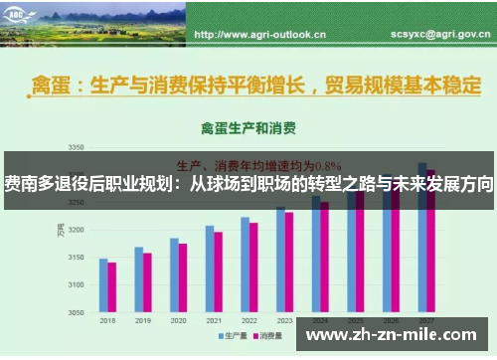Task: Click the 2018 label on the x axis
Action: tap(107, 321)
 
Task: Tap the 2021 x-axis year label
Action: tap(214, 321)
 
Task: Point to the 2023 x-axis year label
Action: tap(284, 321)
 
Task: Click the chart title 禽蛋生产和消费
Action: tap(243, 128)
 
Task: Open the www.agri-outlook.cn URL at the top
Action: tap(259, 34)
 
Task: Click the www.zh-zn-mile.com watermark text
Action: tap(395, 335)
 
